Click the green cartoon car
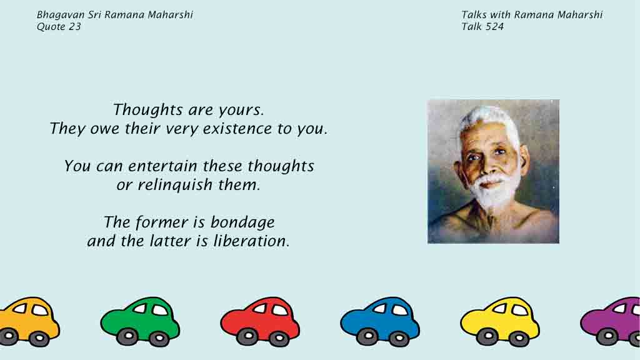tap(140, 321)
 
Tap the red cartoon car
tap(260, 321)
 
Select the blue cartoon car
tap(380, 321)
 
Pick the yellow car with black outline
tap(500, 321)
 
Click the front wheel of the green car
tap(127, 337)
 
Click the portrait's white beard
tap(494, 192)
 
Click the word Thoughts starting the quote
tap(147, 109)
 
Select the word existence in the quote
tap(237, 129)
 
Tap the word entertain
tap(162, 166)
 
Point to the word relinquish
tap(175, 185)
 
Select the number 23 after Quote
tap(75, 26)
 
